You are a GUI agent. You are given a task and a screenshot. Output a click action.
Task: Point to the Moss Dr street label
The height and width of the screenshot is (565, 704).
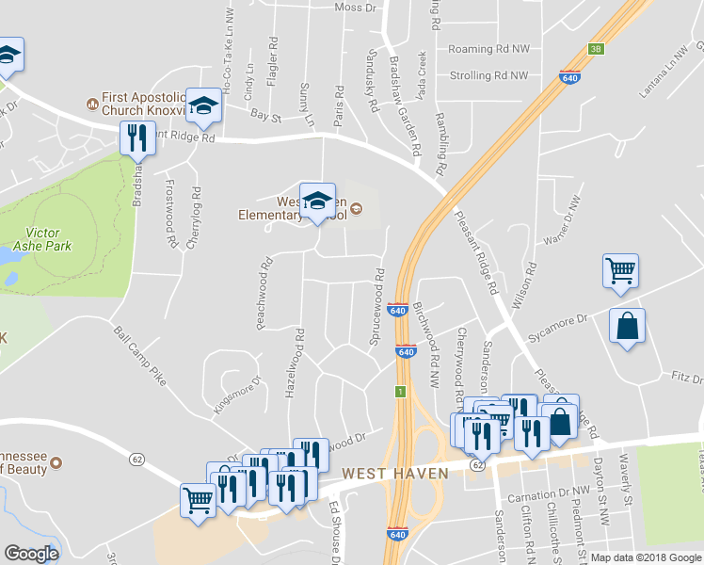click(355, 8)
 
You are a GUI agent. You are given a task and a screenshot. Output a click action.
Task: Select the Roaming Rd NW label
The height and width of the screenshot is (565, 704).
click(488, 48)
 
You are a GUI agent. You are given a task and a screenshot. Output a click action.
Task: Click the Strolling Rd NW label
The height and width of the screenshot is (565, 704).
click(488, 74)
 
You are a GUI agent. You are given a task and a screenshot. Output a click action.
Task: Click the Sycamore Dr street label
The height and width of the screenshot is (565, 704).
click(558, 325)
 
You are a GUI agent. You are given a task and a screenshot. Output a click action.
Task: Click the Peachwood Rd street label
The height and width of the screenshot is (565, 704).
click(264, 295)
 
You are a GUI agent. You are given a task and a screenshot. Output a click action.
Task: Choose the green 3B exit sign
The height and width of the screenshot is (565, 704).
click(595, 49)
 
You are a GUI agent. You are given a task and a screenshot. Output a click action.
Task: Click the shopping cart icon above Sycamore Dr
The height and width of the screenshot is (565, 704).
click(621, 270)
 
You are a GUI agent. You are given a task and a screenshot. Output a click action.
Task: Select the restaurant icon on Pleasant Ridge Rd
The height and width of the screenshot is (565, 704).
click(139, 138)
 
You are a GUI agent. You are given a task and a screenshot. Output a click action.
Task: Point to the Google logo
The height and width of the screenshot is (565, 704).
click(31, 554)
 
